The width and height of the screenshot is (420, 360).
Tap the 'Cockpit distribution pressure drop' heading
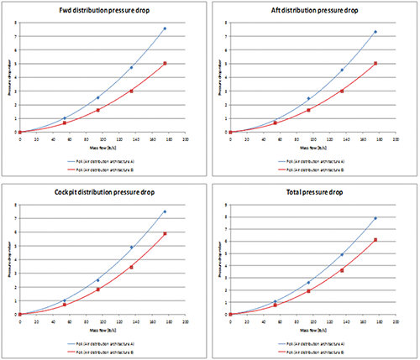tap(102, 192)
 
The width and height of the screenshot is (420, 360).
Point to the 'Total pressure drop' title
tap(312, 192)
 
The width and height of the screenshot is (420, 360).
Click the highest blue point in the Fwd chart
tap(165, 29)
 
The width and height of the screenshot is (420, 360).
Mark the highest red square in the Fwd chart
tap(165, 64)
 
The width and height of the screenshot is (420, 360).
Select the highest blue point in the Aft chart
tap(375, 32)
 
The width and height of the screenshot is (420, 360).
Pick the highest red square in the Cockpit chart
tap(165, 233)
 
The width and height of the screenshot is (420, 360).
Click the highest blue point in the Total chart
tap(375, 218)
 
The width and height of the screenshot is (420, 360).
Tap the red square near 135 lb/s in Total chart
tap(341, 270)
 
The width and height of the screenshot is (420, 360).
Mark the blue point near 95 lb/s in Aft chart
tap(308, 98)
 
